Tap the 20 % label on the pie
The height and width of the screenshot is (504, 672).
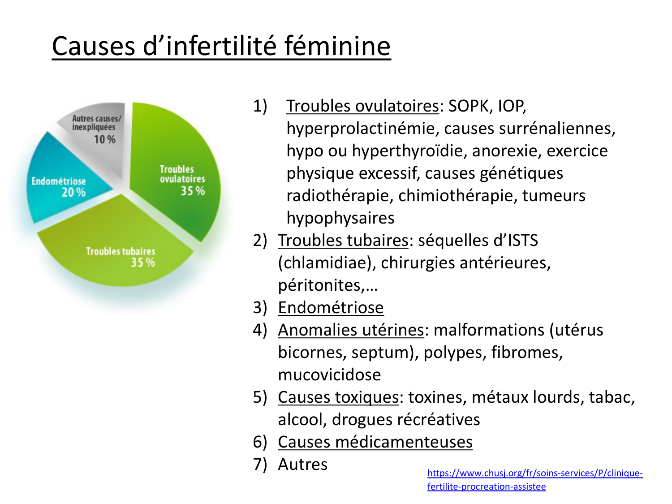(73, 193)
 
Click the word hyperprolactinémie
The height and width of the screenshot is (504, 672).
(361, 129)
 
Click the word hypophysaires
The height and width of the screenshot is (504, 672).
(340, 218)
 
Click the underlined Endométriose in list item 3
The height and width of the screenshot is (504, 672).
(331, 307)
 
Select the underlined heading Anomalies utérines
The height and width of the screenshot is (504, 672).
(351, 330)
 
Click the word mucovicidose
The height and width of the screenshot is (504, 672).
(329, 375)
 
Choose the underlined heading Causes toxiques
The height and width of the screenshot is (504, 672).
(338, 397)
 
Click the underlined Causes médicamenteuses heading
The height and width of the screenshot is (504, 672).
(375, 442)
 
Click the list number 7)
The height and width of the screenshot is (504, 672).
(260, 465)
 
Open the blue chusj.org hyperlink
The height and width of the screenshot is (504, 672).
(535, 480)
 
